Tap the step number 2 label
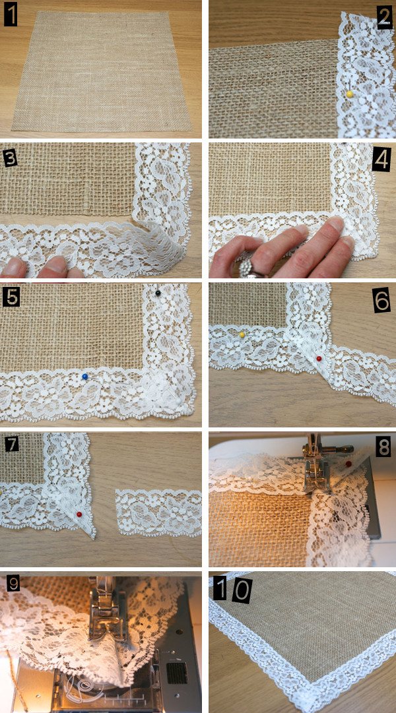point(385,18)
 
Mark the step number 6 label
point(381,302)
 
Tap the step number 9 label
point(13,584)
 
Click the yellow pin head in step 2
point(350,94)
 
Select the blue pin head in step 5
point(84,377)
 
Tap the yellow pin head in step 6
point(242,335)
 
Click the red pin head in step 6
point(319,359)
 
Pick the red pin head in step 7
point(79,514)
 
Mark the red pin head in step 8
point(348,464)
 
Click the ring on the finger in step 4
point(251,269)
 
